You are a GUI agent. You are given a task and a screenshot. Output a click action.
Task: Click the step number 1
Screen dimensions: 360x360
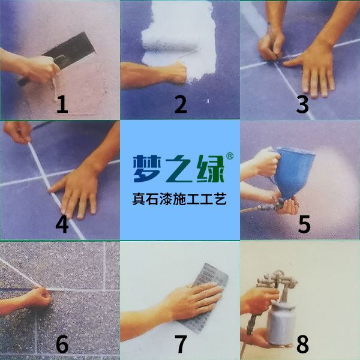tap(62, 104)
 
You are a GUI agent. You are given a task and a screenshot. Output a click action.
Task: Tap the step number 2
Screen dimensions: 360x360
tap(181, 104)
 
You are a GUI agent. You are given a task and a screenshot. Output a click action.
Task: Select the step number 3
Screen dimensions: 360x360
tap(302, 104)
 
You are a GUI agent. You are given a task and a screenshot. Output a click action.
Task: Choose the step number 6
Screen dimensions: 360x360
tap(62, 344)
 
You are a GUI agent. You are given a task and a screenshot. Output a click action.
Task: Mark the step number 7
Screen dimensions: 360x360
tap(181, 344)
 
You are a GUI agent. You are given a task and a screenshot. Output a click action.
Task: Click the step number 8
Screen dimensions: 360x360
tap(302, 344)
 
